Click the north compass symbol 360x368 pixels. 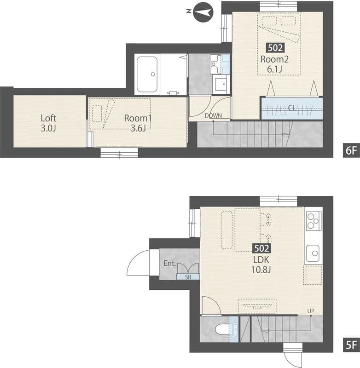(x=203, y=12)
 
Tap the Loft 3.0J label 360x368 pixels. (x=48, y=123)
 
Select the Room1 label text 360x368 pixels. (x=138, y=118)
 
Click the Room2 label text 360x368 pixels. (x=274, y=59)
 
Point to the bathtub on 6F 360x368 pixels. (x=147, y=74)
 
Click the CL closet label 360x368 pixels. (x=292, y=108)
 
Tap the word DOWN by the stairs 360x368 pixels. (x=213, y=115)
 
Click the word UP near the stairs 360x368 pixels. (x=311, y=311)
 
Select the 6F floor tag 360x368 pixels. (x=351, y=150)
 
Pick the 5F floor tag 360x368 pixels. (x=351, y=345)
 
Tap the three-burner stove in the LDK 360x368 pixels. (x=314, y=221)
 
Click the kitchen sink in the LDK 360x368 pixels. (x=313, y=253)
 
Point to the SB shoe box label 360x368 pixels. (x=188, y=277)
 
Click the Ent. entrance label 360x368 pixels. (x=170, y=264)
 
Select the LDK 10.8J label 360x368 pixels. (x=261, y=265)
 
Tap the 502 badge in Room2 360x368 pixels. (x=275, y=48)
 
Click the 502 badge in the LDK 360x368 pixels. (x=261, y=248)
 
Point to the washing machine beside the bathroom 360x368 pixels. (x=221, y=84)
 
